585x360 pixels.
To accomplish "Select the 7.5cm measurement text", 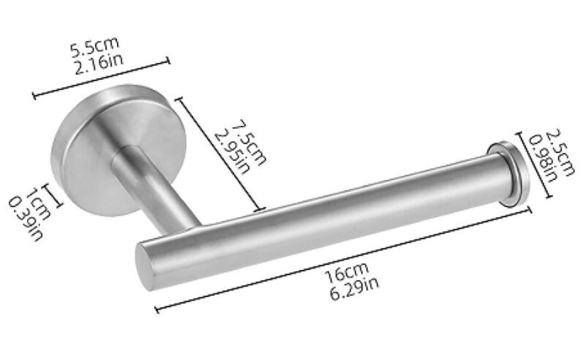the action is coord(249,142).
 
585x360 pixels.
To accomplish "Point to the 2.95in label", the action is coord(231,153).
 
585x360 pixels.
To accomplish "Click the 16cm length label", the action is coord(346,273).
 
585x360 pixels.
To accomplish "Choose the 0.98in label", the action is coord(544,159).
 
